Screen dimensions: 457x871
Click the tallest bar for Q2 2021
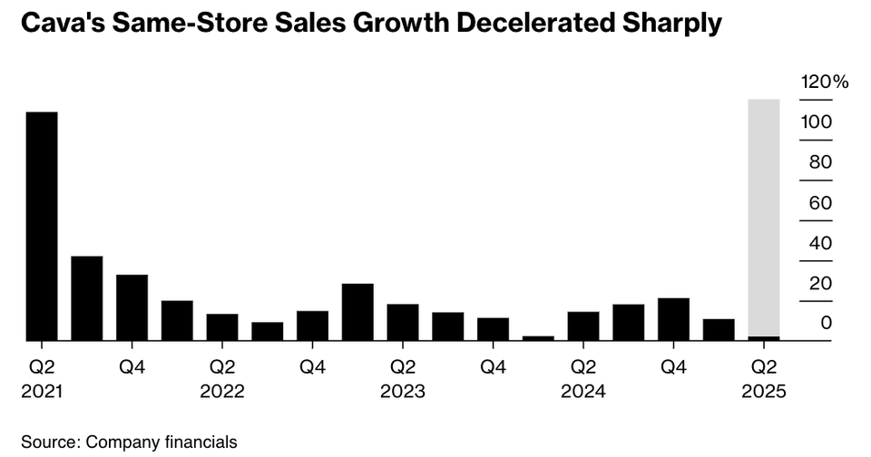[42, 226]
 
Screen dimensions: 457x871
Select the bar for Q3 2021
[87, 298]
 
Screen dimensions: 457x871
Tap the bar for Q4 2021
[132, 307]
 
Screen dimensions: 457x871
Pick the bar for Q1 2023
[357, 312]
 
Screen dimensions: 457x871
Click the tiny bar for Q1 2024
[538, 337]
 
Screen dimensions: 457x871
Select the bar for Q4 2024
[673, 319]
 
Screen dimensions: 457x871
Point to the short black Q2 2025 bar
[763, 338]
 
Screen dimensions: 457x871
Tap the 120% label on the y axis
[824, 83]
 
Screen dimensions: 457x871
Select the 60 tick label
[820, 203]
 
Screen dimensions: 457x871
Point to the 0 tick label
[826, 324]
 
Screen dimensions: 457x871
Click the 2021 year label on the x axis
[42, 394]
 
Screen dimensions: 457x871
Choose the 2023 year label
[403, 394]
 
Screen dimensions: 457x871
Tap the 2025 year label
[763, 394]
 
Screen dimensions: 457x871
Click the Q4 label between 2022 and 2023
[312, 367]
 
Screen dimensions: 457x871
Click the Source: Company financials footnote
[129, 442]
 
